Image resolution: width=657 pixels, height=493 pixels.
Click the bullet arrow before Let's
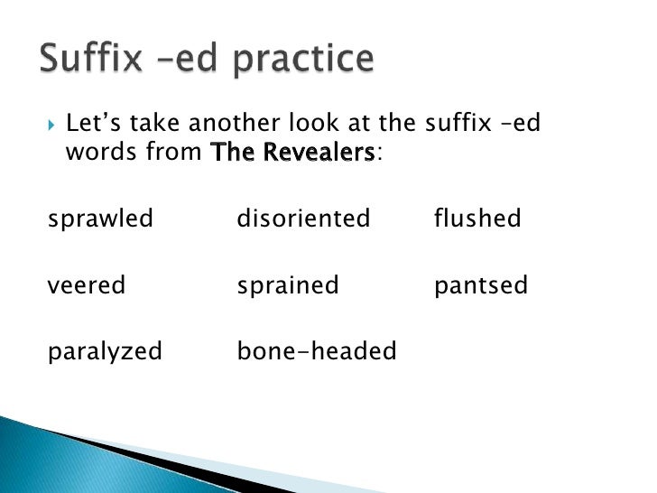pos(50,122)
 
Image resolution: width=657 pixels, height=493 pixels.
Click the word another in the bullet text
pos(239,122)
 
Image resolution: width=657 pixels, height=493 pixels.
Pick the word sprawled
pos(100,219)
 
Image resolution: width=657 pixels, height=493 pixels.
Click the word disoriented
pos(303,219)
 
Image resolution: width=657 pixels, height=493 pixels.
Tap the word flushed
pos(477,219)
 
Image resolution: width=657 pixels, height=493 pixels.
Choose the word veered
pos(87,286)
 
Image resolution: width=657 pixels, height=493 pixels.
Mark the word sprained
pos(288,286)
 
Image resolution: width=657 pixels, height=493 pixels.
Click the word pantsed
pos(480,286)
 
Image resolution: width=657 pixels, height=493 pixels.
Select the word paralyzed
pos(105,351)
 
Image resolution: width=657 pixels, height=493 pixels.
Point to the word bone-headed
pos(316,351)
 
